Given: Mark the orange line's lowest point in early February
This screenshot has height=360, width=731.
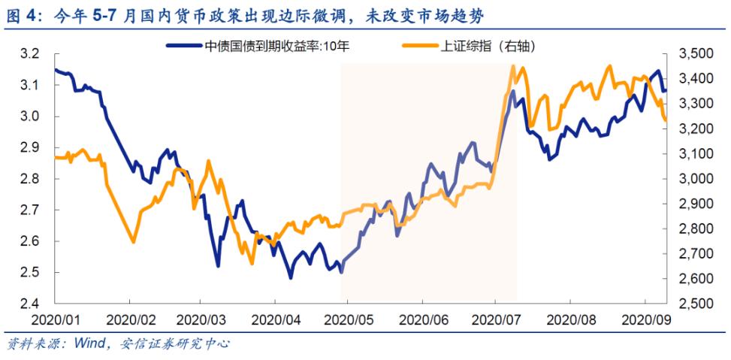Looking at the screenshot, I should (133, 241).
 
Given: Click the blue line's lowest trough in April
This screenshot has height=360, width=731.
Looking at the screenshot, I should (291, 277).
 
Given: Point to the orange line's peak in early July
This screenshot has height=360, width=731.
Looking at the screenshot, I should (512, 67).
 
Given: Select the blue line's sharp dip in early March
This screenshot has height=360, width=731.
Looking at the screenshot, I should (218, 265).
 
